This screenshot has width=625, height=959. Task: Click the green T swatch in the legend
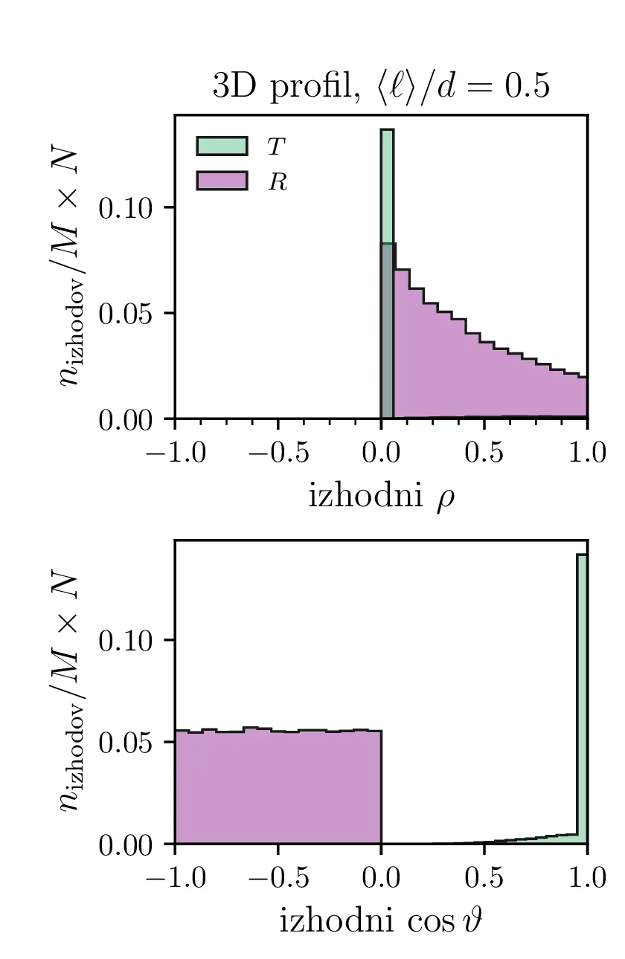click(222, 146)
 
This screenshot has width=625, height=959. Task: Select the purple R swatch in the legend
click(222, 181)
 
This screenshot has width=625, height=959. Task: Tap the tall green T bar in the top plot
click(387, 186)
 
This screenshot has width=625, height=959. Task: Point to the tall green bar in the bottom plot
click(582, 699)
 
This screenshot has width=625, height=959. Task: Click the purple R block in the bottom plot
click(278, 788)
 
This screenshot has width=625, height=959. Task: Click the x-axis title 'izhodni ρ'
click(381, 497)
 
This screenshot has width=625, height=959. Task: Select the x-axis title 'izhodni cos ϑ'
click(381, 922)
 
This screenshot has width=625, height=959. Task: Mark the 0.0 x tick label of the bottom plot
click(381, 877)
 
